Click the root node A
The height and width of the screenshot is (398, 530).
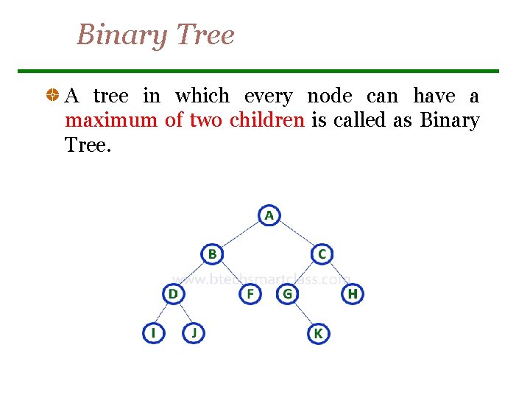[269, 215]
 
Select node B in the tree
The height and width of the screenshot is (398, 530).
[211, 254]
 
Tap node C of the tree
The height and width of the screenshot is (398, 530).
[322, 254]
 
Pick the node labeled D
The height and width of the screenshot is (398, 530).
[173, 294]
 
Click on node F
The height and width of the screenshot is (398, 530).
[250, 294]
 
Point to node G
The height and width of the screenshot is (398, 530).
[287, 294]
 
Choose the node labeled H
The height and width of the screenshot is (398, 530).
[353, 294]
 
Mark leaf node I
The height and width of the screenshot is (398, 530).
[153, 333]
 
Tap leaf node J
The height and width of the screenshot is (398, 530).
[194, 333]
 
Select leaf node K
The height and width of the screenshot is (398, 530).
[318, 333]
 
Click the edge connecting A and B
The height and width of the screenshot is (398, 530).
[240, 234]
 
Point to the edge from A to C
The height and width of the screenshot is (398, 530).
[295, 234]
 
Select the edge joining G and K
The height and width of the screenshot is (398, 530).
[303, 314]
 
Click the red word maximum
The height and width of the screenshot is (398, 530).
[110, 120]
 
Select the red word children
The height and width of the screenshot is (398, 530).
[266, 120]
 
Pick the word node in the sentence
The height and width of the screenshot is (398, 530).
[329, 97]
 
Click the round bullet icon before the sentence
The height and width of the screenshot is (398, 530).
[52, 97]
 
